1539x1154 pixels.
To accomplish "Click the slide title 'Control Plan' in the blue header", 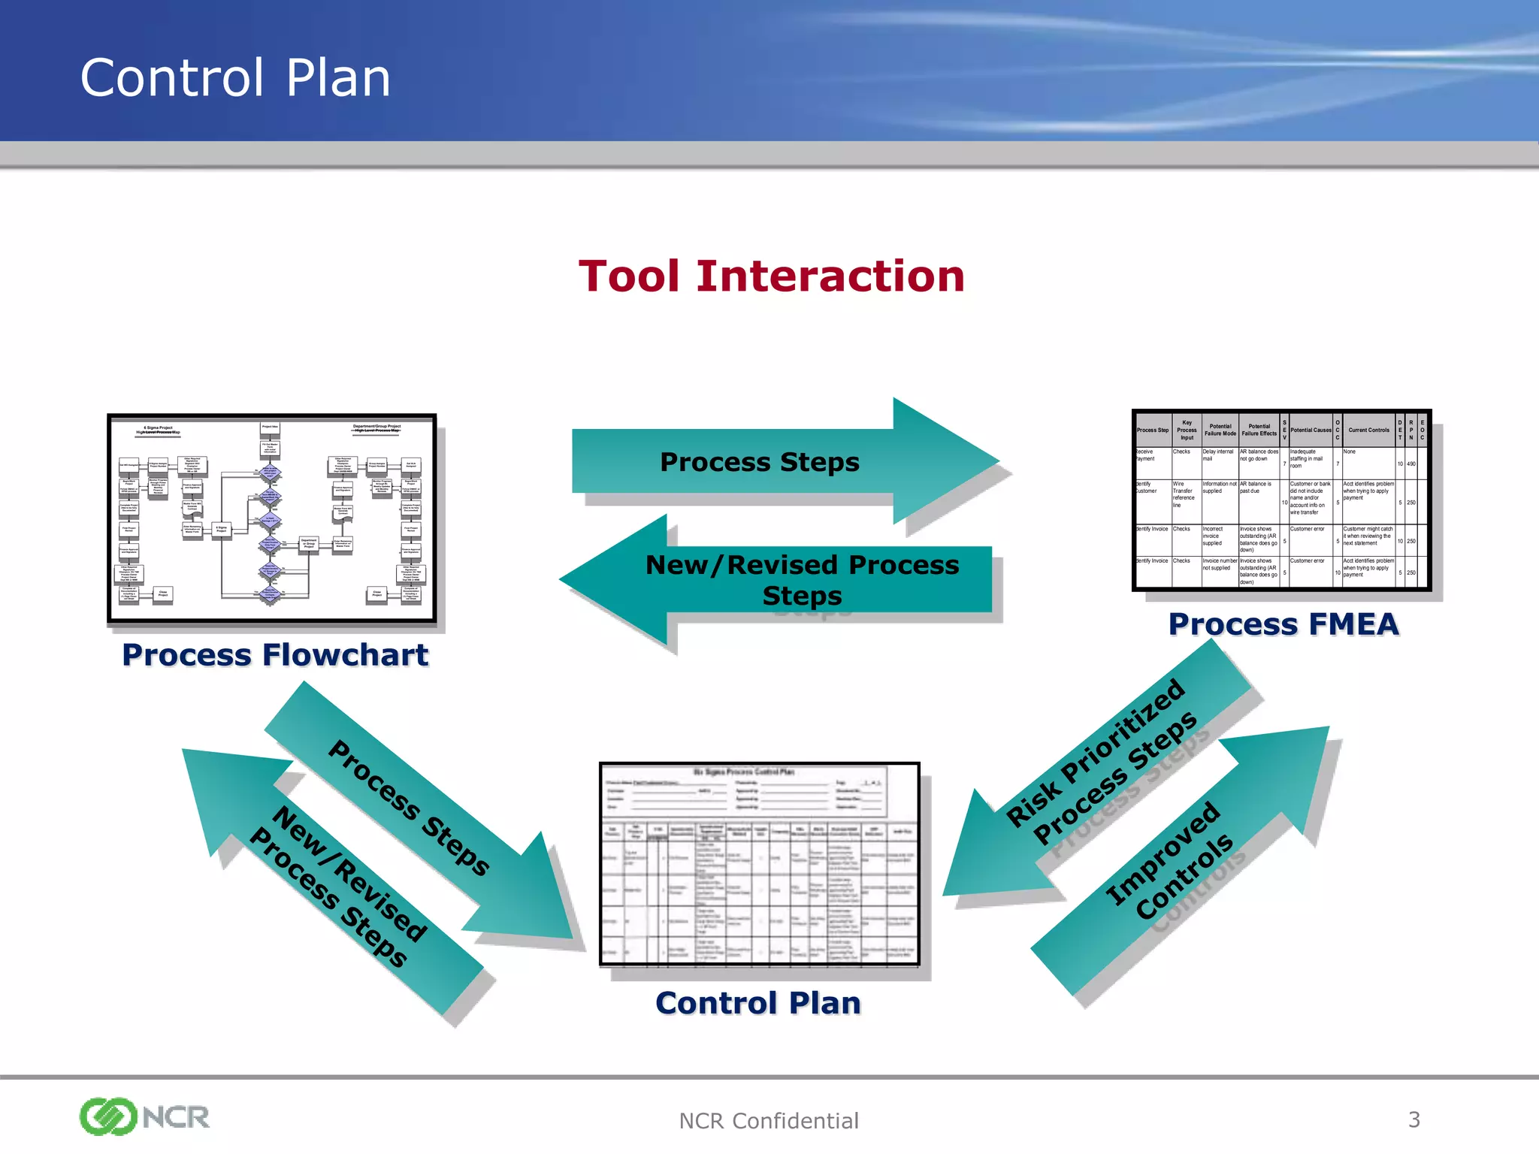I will pyautogui.click(x=235, y=78).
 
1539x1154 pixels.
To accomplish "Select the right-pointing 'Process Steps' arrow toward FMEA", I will pyautogui.click(x=760, y=462).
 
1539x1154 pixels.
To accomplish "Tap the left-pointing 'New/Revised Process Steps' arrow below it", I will pyautogui.click(x=801, y=579).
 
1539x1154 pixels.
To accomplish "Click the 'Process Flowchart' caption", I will pyautogui.click(x=275, y=655).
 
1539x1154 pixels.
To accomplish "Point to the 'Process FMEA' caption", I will pyautogui.click(x=1283, y=624).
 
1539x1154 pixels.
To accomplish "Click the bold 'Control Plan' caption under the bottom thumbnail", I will pyautogui.click(x=757, y=1003).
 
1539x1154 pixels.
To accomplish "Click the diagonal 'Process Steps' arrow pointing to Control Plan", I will pyautogui.click(x=410, y=808).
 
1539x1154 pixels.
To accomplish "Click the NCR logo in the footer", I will pyautogui.click(x=144, y=1116).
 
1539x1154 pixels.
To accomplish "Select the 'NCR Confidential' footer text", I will pyautogui.click(x=768, y=1121).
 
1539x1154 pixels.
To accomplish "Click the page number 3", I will pyautogui.click(x=1414, y=1119).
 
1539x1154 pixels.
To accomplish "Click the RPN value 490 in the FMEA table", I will pyautogui.click(x=1411, y=464).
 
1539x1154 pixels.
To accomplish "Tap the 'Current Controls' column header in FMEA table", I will pyautogui.click(x=1368, y=430).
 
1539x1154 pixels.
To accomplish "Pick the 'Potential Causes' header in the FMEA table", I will pyautogui.click(x=1311, y=430).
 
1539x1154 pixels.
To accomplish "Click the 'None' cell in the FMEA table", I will pyautogui.click(x=1350, y=452).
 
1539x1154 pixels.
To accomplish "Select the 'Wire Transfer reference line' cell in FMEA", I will pyautogui.click(x=1184, y=494).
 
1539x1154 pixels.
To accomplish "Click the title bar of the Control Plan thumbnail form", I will pyautogui.click(x=743, y=772).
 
